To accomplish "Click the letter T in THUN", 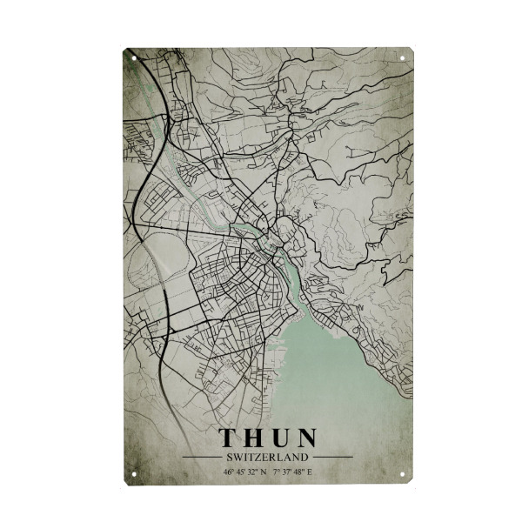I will click(229, 438).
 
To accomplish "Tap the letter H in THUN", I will click(254, 438).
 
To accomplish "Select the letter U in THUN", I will click(280, 438).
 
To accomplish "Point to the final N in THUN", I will click(306, 438).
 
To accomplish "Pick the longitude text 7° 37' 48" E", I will click(291, 472).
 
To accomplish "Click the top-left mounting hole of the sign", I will click(132, 58).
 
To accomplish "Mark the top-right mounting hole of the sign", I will click(403, 58).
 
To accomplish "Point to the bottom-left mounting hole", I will click(132, 475).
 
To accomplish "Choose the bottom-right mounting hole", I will click(403, 475).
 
